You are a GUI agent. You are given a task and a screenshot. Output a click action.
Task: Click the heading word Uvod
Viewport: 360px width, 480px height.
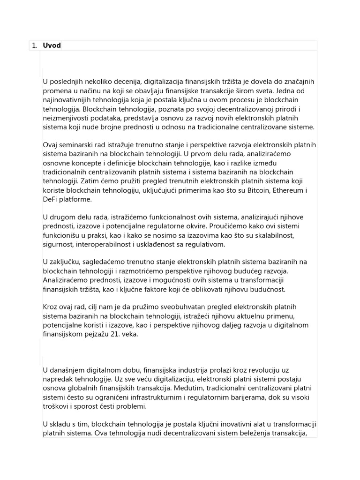click(x=52, y=45)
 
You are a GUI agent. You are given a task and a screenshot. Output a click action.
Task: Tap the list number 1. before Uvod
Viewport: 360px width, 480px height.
click(x=34, y=45)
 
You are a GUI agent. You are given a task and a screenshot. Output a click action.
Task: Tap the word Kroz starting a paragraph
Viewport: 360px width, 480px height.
click(x=51, y=307)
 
